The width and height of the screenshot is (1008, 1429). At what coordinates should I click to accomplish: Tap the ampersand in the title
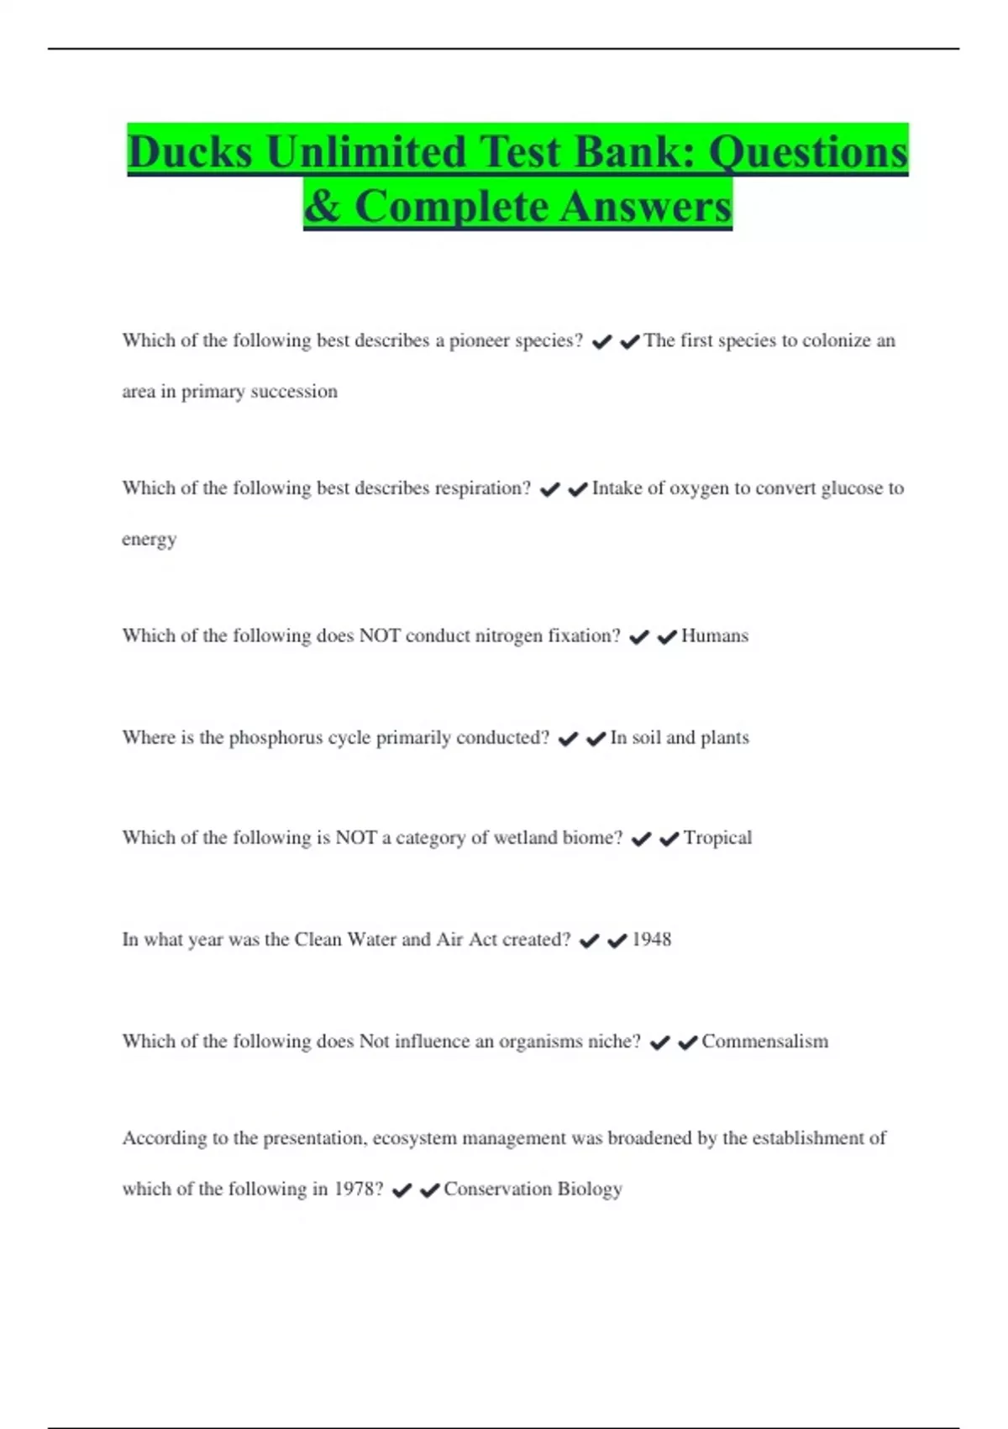coord(322,206)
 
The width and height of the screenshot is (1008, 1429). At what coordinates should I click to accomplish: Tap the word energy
coord(149,540)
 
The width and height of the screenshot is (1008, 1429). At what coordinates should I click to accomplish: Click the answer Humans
coord(714,636)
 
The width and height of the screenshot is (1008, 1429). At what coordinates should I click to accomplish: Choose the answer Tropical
coord(717,838)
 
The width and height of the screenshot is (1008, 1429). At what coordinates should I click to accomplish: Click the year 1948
coord(651,940)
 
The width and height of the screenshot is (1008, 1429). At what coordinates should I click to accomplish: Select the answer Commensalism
coord(764,1041)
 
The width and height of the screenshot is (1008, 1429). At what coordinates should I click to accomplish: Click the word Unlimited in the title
coord(365,152)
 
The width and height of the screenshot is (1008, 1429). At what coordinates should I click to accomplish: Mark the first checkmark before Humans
coord(638,638)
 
